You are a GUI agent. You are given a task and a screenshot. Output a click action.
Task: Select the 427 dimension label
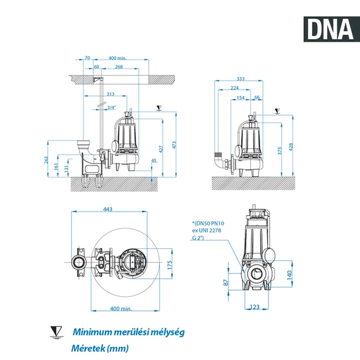[x=161, y=149]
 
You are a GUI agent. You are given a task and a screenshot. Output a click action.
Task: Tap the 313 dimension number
[x=111, y=94]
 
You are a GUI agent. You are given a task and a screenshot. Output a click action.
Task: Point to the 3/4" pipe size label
[x=112, y=108]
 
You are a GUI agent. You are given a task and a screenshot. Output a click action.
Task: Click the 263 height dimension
[x=47, y=160]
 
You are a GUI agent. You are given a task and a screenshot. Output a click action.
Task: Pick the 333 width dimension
[x=240, y=79]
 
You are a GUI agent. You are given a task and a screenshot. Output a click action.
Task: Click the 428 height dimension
[x=291, y=147]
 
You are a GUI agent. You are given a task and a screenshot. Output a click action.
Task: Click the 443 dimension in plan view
[x=109, y=210]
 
